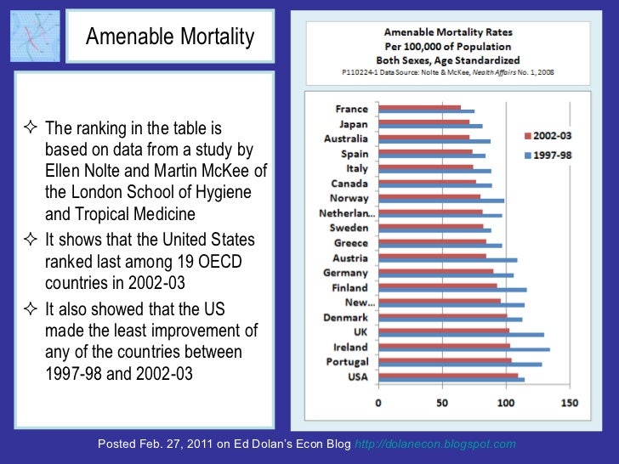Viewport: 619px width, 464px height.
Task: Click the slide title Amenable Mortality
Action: tap(170, 37)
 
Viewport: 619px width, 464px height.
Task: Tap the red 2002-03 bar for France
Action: tap(419, 108)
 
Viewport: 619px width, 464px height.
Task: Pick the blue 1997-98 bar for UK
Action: tap(460, 335)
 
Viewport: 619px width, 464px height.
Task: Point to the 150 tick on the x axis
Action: tap(570, 402)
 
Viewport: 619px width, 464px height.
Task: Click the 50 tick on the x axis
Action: tap(442, 402)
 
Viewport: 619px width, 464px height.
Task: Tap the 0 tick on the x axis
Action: tap(378, 402)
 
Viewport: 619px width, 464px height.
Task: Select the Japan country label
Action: tap(353, 124)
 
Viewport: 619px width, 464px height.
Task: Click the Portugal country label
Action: tap(348, 363)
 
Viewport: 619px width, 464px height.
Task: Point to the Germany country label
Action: tap(346, 273)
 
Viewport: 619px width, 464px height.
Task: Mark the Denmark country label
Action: tap(347, 318)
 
